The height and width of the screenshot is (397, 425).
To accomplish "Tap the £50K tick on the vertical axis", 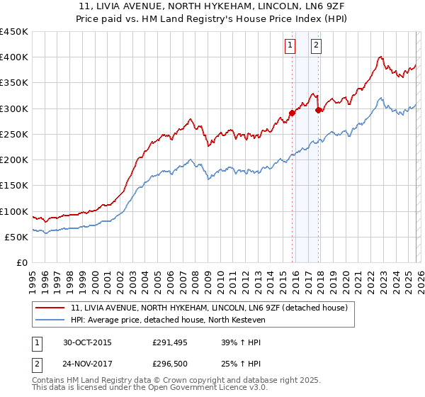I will [x=16, y=237].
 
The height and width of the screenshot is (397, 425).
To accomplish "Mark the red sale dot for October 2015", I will [x=292, y=113].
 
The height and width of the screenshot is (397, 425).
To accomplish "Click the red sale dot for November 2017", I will [x=318, y=110].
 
